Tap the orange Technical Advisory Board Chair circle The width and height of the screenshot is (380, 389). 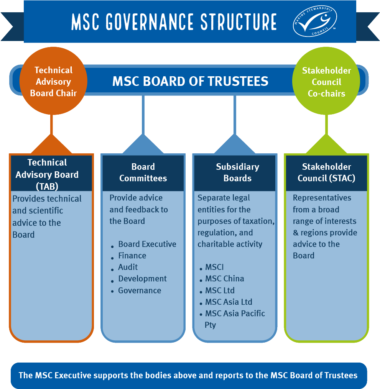[x=53, y=81]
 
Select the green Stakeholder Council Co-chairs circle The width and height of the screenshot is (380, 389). [x=326, y=81]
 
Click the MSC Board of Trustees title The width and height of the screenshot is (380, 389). [x=190, y=81]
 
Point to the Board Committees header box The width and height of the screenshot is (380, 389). [x=143, y=172]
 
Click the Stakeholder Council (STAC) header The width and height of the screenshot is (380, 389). [x=326, y=172]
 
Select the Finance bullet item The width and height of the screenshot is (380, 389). [x=132, y=256]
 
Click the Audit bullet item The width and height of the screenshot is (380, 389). [x=128, y=267]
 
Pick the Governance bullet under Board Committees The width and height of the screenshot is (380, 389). [x=140, y=291]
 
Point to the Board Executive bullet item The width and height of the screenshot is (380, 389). [x=147, y=244]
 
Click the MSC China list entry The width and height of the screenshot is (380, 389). [x=224, y=279]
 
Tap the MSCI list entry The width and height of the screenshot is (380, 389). [x=214, y=267]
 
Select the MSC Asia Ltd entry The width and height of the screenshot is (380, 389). [x=229, y=302]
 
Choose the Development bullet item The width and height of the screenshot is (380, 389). [x=142, y=279]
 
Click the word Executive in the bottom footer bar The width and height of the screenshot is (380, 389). [x=73, y=375]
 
